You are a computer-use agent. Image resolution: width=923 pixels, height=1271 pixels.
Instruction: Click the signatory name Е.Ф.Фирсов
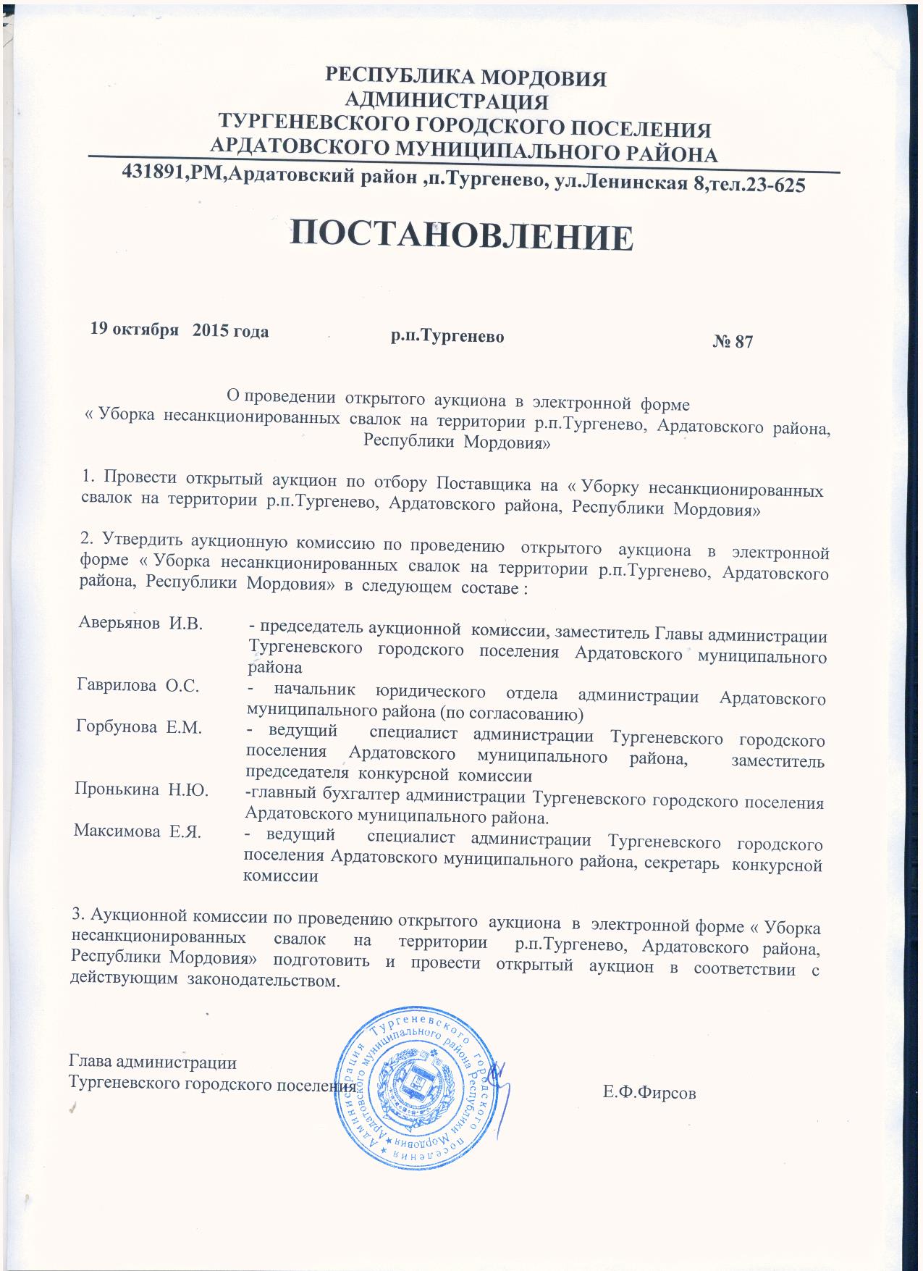coord(649,1093)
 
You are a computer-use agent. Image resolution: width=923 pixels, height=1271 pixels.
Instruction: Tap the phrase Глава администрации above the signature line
coord(152,1063)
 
